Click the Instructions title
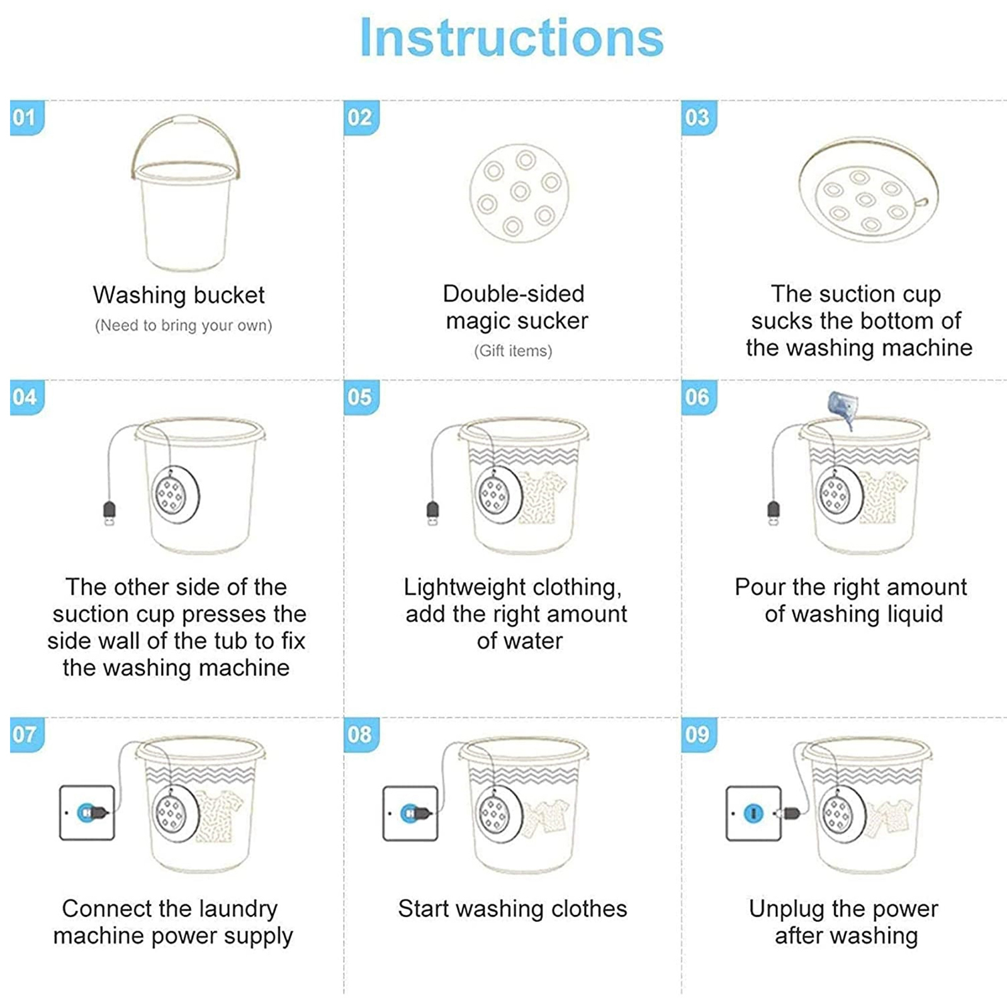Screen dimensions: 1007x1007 pos(512,38)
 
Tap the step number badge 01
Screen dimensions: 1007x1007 pos(27,118)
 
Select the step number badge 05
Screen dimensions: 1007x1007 pos(361,397)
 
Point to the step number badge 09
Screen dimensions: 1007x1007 pos(699,734)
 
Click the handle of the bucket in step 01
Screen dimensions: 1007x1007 pos(186,118)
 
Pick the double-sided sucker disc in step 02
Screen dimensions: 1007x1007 pos(519,192)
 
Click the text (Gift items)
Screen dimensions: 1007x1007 pos(513,351)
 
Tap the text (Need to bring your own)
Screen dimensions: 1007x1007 pos(183,325)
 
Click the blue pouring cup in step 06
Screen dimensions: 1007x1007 pos(841,408)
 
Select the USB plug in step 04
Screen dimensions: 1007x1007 pos(110,514)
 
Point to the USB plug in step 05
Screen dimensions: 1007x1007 pos(433,514)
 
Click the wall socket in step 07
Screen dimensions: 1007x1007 pos(87,813)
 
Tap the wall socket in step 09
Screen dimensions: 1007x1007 pos(753,813)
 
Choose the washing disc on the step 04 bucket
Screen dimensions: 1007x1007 pos(176,495)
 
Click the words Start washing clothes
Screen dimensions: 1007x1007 pos(512,909)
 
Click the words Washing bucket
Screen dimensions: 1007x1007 pos(179,295)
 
